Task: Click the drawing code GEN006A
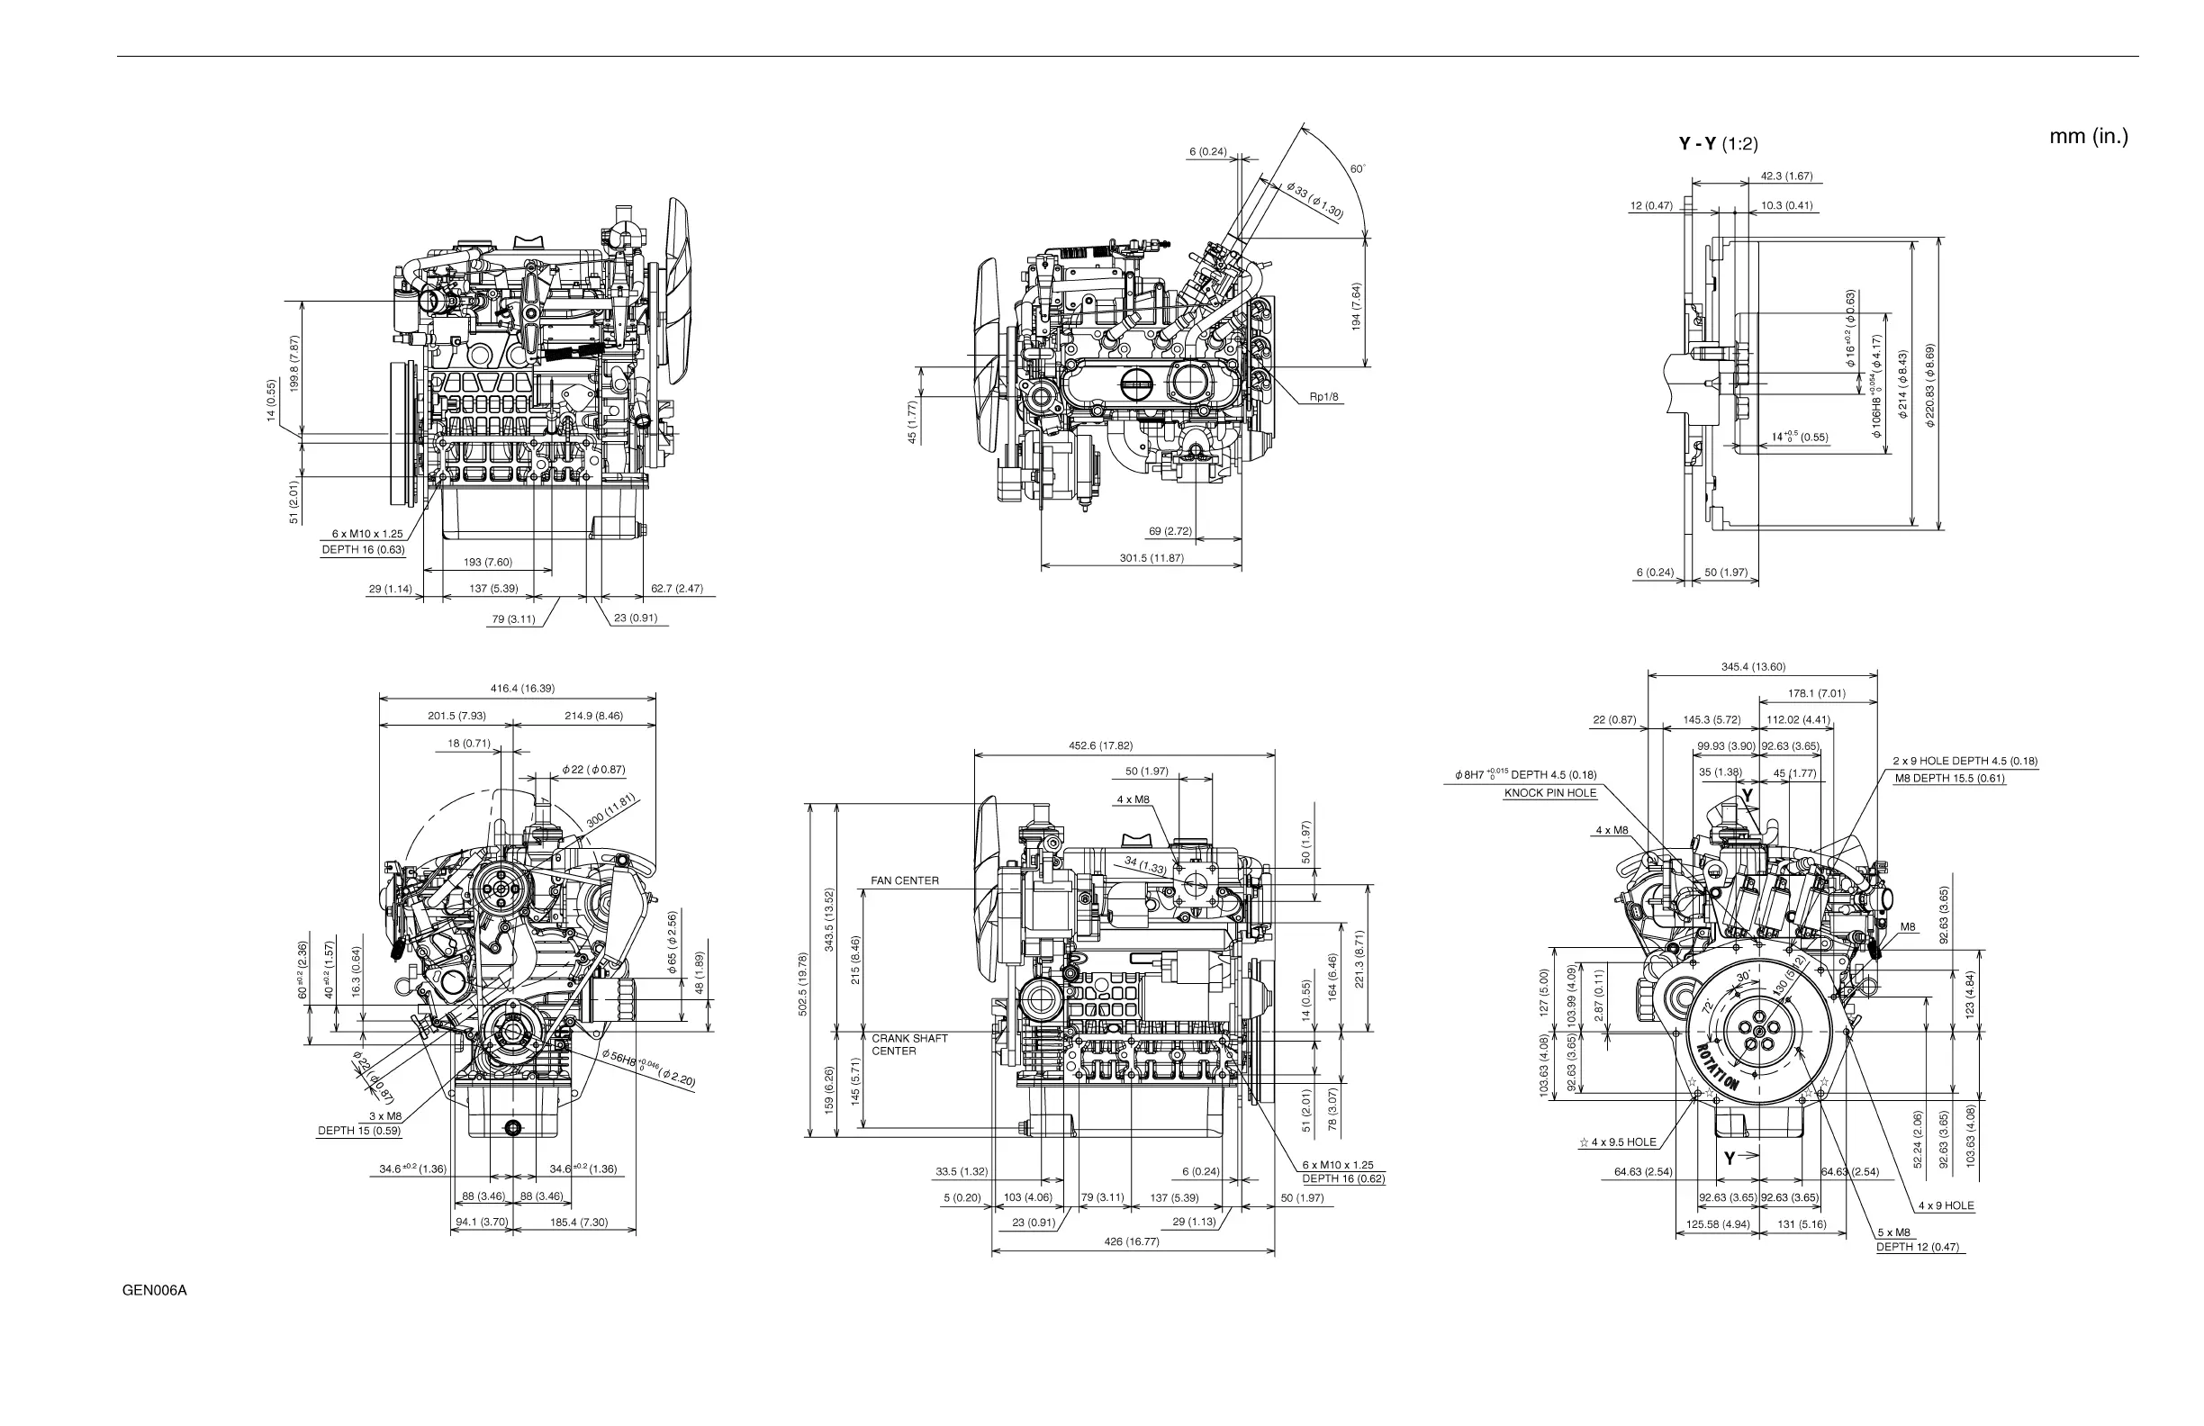pos(155,1291)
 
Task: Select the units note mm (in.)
pos(2088,137)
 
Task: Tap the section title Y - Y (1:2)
pos(1718,143)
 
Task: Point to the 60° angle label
pos(1358,169)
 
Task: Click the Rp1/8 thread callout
pos(1323,397)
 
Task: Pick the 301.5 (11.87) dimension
pos(1153,558)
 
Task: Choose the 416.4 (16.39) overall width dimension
pos(522,688)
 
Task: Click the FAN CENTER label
pos(905,880)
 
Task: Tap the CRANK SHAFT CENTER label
pos(909,1044)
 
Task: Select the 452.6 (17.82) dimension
pos(1100,745)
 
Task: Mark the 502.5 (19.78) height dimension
pos(803,984)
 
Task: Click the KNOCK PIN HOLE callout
pos(1550,793)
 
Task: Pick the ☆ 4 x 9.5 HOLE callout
pos(1618,1142)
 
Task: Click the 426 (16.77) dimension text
pos(1131,1241)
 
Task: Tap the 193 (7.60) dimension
pos(487,562)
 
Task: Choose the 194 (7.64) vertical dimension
pos(1356,306)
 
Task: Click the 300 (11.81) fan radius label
pos(612,810)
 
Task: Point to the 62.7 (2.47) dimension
pos(677,588)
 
